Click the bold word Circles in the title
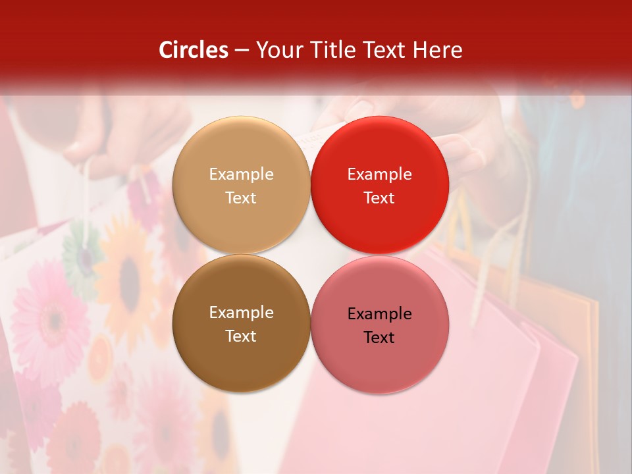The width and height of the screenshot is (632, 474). tap(193, 50)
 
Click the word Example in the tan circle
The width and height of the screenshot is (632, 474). tap(241, 174)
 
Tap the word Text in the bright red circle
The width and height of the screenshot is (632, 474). tap(379, 197)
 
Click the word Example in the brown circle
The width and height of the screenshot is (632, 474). tap(241, 312)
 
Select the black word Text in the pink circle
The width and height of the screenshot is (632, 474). tap(379, 337)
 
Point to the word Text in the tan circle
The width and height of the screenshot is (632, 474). tap(241, 197)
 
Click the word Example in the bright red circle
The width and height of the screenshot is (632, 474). tap(379, 174)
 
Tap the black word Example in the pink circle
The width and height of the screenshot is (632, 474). tap(379, 313)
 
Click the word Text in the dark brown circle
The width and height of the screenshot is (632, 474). tap(241, 336)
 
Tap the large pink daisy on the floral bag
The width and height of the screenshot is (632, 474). tap(49, 316)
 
